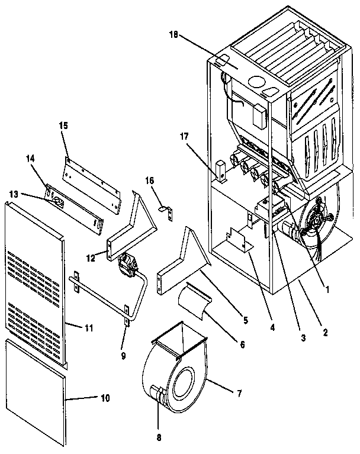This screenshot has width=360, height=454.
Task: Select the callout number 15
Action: coord(63,125)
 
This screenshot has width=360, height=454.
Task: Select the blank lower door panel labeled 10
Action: coord(38,391)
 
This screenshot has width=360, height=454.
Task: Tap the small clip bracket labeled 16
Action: coord(166,208)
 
